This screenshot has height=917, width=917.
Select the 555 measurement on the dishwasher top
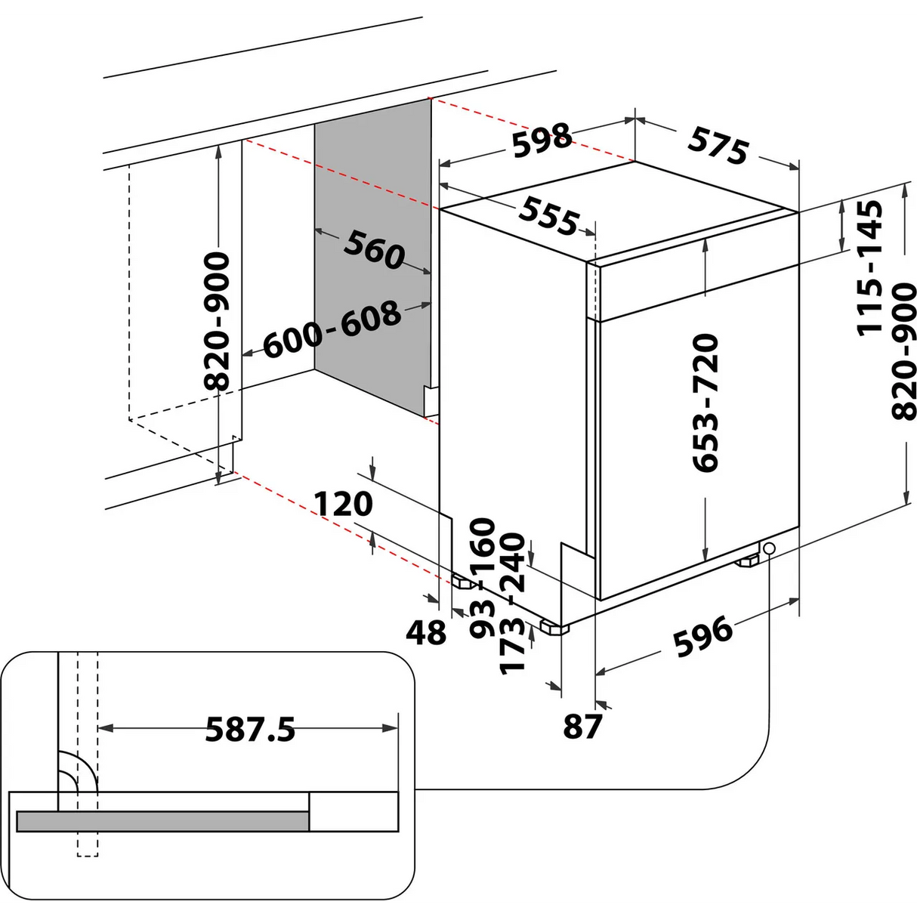tap(549, 217)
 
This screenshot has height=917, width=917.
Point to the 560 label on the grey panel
tap(375, 249)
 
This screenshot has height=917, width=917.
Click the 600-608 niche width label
tap(332, 329)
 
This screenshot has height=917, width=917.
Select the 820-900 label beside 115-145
tap(903, 351)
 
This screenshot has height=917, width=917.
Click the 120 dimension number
tap(344, 504)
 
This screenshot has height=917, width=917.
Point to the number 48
tap(427, 632)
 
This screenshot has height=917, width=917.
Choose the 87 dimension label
tap(582, 727)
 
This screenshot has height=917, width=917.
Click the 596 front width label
tap(702, 636)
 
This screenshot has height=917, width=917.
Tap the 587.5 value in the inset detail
tap(250, 730)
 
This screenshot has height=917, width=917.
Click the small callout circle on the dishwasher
tap(769, 548)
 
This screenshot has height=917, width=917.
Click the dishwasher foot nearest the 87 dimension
tap(556, 627)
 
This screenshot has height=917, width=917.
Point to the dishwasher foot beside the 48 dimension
tap(461, 582)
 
